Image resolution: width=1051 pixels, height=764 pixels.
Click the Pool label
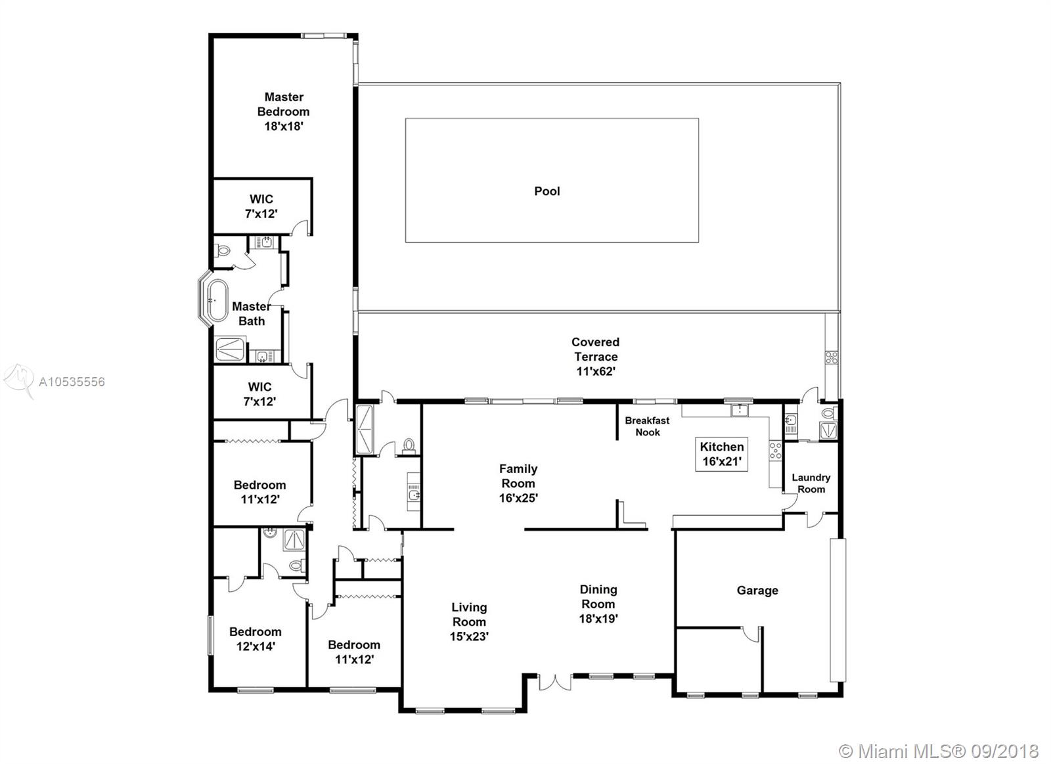(x=547, y=191)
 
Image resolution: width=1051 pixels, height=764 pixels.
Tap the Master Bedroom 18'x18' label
(x=283, y=112)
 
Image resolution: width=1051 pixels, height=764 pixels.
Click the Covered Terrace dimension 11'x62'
(x=595, y=372)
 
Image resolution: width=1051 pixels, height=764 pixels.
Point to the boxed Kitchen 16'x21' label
(x=722, y=455)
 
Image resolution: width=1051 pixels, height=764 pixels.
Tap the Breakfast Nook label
(x=647, y=426)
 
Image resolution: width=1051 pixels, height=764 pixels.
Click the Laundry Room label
(x=811, y=483)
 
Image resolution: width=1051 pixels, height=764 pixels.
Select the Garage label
(x=757, y=591)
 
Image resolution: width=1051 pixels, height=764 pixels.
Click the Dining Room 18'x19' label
(x=598, y=604)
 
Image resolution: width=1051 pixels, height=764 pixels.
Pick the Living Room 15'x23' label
(x=469, y=622)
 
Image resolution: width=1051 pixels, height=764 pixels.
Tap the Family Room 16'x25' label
(x=518, y=483)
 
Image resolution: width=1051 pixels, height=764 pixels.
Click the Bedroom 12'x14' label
(x=256, y=639)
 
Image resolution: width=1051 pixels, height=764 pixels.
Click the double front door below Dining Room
(x=555, y=682)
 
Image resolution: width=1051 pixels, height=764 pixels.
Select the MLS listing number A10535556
(x=72, y=382)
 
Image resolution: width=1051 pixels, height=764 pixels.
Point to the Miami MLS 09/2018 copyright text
(x=939, y=752)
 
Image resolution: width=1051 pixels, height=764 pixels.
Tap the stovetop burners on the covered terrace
(x=831, y=358)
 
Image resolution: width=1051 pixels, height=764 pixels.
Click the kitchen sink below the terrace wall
(x=740, y=411)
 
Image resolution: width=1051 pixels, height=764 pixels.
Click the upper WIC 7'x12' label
(x=261, y=206)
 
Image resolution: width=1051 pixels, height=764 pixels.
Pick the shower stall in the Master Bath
(x=230, y=349)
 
